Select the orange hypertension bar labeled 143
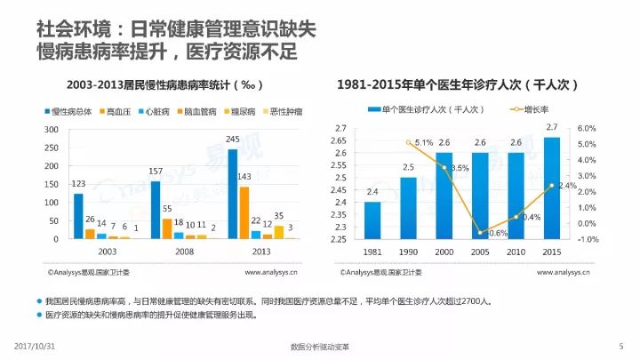(244, 212)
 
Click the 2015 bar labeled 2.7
(552, 188)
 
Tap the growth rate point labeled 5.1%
(408, 142)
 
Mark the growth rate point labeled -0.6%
(480, 233)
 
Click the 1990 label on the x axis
(408, 252)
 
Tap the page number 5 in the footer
(620, 345)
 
